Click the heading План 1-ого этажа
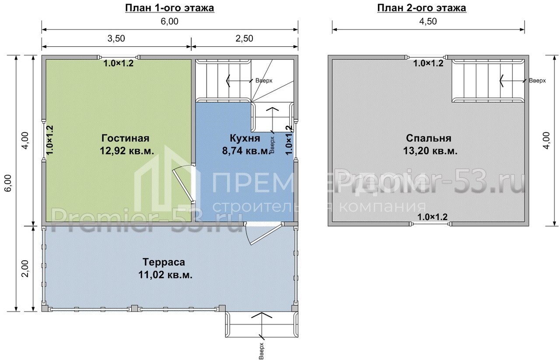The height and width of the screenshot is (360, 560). pyautogui.click(x=169, y=8)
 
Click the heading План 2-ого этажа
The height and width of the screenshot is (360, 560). pyautogui.click(x=421, y=8)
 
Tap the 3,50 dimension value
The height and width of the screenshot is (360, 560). pyautogui.click(x=116, y=38)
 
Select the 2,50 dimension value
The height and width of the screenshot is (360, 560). pyautogui.click(x=244, y=38)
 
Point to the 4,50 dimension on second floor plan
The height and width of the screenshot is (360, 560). pyautogui.click(x=428, y=21)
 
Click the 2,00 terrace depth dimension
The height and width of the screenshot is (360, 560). pyautogui.click(x=25, y=269)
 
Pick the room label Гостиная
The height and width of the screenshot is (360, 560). pyautogui.click(x=125, y=138)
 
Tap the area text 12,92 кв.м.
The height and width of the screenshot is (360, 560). pyautogui.click(x=127, y=151)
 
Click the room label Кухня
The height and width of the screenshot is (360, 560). pyautogui.click(x=245, y=138)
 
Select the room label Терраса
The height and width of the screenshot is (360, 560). pyautogui.click(x=164, y=262)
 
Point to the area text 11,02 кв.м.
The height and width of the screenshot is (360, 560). pyautogui.click(x=165, y=275)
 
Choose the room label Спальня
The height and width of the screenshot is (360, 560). pyautogui.click(x=428, y=138)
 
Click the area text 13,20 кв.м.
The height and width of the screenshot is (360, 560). pyautogui.click(x=430, y=151)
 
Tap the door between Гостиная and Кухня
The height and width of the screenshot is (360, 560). pyautogui.click(x=182, y=185)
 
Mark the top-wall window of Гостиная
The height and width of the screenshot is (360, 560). pyautogui.click(x=119, y=57)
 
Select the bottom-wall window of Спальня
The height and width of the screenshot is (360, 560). pyautogui.click(x=430, y=224)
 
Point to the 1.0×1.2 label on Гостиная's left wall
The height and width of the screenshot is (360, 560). pyautogui.click(x=49, y=140)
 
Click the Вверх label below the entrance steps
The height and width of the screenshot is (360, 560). pyautogui.click(x=261, y=351)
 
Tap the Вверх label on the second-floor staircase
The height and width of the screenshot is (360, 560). pyautogui.click(x=537, y=81)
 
